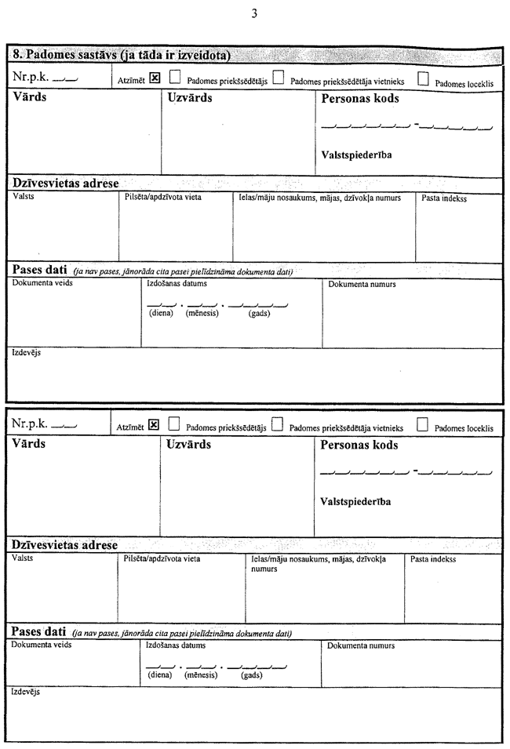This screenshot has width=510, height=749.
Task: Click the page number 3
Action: [254, 13]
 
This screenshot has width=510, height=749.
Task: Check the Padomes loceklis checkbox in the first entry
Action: [424, 78]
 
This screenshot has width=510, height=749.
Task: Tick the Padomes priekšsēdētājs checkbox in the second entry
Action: [174, 425]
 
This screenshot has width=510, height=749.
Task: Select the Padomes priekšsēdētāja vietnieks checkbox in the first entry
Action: [279, 78]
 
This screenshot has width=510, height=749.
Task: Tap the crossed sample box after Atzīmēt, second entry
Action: [154, 425]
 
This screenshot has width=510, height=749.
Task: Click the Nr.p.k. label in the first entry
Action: [31, 78]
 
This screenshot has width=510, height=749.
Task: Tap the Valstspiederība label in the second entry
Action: [356, 502]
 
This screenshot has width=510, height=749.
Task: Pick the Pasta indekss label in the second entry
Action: [433, 559]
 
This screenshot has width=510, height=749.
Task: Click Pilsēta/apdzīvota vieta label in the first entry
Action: [163, 198]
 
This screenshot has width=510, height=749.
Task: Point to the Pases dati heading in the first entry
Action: [39, 270]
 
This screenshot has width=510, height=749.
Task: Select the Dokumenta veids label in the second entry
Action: [42, 645]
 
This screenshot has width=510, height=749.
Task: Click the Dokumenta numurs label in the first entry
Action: [362, 284]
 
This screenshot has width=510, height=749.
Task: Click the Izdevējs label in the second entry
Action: [26, 693]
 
